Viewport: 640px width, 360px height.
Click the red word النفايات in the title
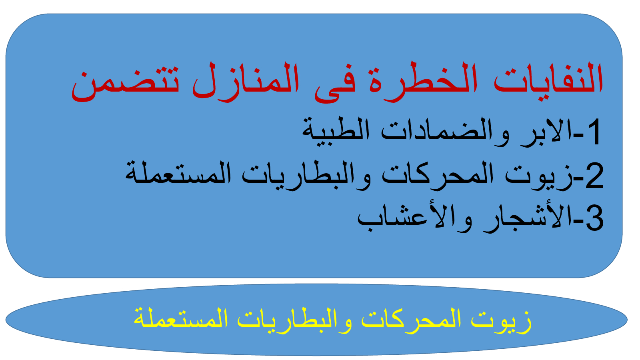click(x=548, y=78)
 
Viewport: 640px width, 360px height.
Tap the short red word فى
click(x=335, y=86)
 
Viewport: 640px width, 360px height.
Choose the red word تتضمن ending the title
click(x=125, y=84)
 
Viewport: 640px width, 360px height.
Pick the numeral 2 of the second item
click(x=594, y=176)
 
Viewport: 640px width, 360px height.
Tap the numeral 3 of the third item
click(x=594, y=218)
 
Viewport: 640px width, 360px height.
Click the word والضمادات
click(x=445, y=132)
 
